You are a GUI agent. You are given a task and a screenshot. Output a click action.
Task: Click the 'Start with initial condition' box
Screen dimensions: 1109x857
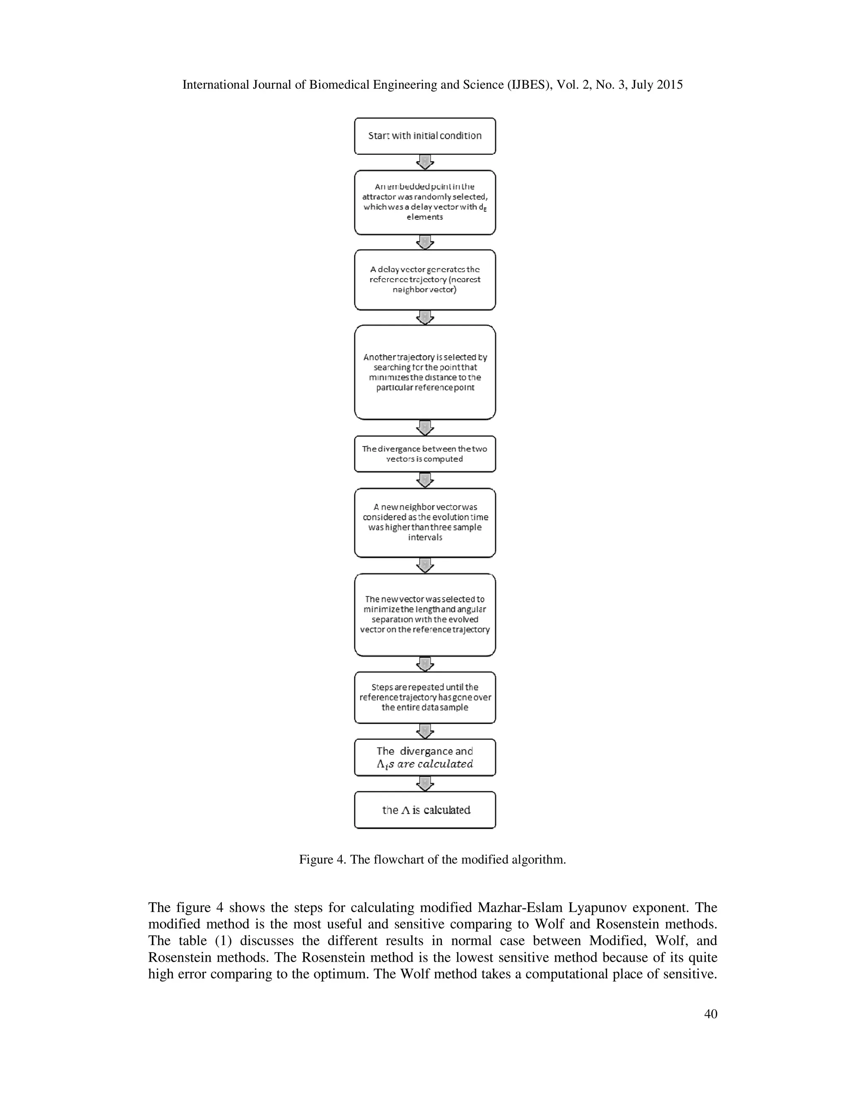[x=424, y=136]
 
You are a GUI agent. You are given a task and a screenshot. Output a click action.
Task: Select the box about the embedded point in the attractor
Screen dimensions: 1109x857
[x=424, y=202]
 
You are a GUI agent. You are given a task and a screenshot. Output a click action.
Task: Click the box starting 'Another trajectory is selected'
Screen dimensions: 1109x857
[x=424, y=372]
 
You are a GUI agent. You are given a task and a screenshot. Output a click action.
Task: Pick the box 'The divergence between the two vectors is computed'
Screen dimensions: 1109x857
[x=424, y=454]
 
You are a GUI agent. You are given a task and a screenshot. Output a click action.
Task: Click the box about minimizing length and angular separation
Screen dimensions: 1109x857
[x=424, y=614]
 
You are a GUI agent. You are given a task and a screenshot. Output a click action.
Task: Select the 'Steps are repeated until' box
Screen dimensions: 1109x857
[x=424, y=697]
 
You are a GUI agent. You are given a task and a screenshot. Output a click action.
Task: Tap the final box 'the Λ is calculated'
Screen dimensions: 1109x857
[x=424, y=810]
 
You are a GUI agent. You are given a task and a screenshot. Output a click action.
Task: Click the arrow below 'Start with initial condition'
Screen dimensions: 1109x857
[x=424, y=162]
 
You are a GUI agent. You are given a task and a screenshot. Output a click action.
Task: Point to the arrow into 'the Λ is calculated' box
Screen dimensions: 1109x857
[x=424, y=783]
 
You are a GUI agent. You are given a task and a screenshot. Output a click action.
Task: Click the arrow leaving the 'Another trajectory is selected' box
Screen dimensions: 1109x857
[x=424, y=428]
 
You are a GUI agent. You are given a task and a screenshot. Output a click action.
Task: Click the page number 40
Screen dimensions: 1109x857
[x=710, y=1014]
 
